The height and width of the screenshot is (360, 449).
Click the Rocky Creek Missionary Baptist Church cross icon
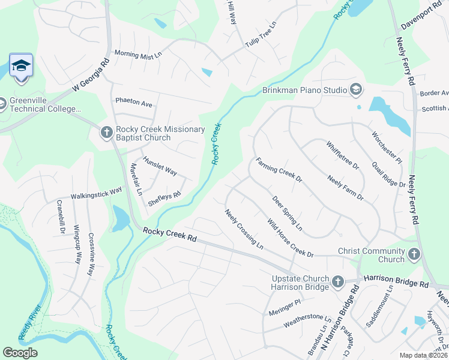tap(106, 133)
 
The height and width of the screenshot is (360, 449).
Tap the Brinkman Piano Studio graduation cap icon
tap(356, 90)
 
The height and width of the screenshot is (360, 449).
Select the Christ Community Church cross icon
tap(414, 255)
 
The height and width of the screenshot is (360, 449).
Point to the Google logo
tap(20, 352)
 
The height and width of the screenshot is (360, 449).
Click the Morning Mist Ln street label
tap(138, 54)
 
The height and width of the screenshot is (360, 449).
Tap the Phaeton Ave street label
tap(134, 103)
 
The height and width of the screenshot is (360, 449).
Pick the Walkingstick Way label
tap(96, 192)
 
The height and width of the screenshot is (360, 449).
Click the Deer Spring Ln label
tap(287, 214)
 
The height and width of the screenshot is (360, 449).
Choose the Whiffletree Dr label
tap(342, 154)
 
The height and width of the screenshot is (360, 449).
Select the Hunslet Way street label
tap(160, 166)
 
